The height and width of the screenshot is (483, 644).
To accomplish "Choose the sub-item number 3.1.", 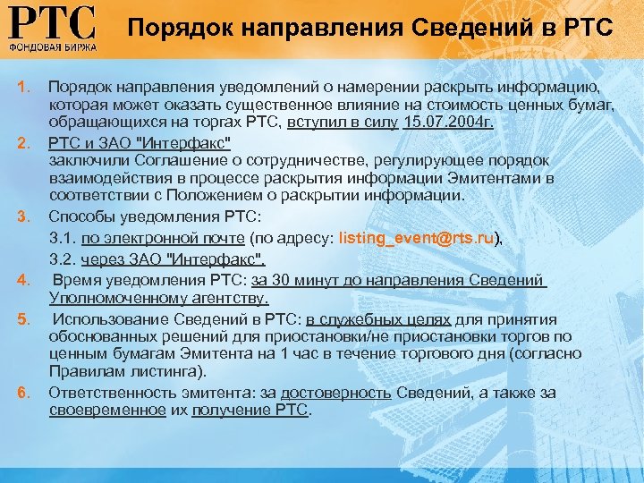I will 63,238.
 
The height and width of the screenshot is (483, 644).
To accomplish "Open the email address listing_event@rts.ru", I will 417,238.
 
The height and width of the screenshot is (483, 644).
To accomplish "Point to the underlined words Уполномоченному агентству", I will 158,298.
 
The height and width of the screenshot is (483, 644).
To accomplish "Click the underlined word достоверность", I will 336,393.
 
